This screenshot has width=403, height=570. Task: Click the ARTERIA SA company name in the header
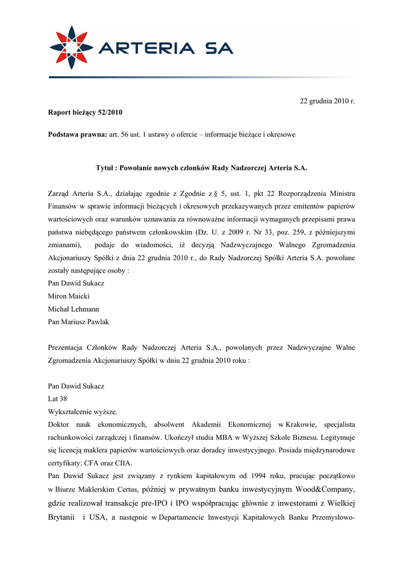165,49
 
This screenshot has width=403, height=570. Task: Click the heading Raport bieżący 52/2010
85,112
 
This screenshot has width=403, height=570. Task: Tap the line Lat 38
58,399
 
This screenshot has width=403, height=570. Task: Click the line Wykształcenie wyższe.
82,411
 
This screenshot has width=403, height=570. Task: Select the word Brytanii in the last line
62,518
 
